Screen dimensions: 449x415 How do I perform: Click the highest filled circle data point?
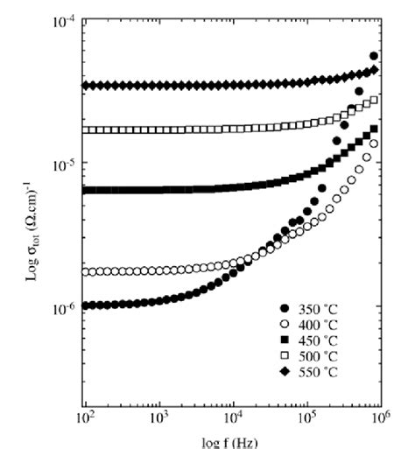[375, 56]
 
